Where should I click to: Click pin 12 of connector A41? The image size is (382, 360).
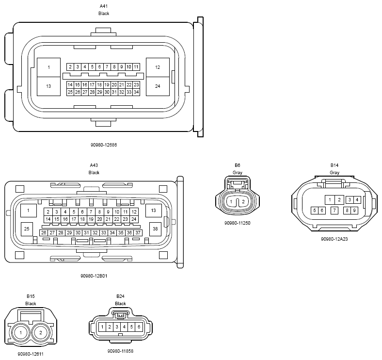pyautogui.click(x=158, y=67)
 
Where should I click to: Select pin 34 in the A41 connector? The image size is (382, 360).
pyautogui.click(x=136, y=92)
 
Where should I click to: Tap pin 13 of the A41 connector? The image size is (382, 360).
pyautogui.click(x=48, y=86)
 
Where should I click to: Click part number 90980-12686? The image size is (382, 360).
pyautogui.click(x=104, y=145)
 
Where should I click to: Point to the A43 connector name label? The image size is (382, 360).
pyautogui.click(x=94, y=165)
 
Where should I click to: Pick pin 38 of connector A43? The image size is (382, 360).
pyautogui.click(x=155, y=229)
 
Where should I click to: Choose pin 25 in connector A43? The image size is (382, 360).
pyautogui.click(x=27, y=229)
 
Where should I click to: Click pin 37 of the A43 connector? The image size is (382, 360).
pyautogui.click(x=138, y=233)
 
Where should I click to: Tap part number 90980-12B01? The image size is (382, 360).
pyautogui.click(x=94, y=276)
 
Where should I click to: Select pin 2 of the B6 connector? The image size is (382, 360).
pyautogui.click(x=243, y=202)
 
